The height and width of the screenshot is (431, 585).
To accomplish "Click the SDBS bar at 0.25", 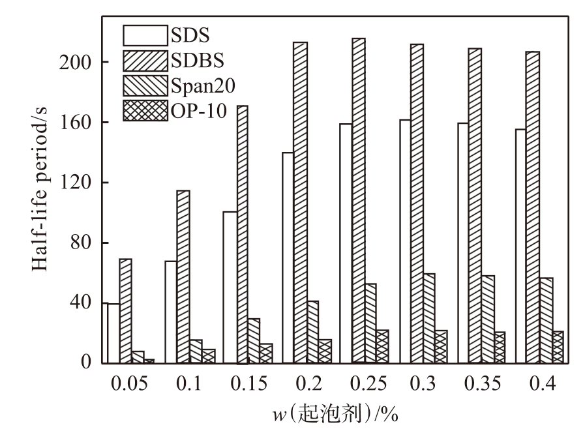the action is [359, 200].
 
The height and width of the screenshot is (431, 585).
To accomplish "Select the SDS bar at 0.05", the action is [113, 333].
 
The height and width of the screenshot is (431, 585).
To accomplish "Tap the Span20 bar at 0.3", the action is [429, 318].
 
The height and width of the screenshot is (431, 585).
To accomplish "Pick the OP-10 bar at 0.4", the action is [558, 347].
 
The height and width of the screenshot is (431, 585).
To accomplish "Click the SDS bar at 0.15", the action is [230, 287].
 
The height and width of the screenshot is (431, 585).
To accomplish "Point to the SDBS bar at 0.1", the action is [183, 276].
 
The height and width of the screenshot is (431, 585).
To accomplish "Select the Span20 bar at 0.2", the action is [312, 332].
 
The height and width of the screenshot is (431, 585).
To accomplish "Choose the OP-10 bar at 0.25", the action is [382, 346].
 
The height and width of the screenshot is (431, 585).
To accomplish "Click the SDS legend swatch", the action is [145, 35].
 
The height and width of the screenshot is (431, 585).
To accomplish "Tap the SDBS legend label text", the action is [198, 60].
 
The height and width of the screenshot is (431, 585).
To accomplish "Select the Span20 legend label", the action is [203, 85].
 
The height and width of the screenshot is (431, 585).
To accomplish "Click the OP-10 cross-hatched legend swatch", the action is [145, 110].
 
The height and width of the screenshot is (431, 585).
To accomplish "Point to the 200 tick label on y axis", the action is [76, 63].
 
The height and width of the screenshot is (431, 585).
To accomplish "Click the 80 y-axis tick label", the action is [81, 243].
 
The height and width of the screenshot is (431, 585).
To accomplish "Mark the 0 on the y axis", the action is [86, 363].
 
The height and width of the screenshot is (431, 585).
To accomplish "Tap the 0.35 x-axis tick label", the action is [482, 383].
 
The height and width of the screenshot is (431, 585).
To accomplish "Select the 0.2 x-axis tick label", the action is [309, 383].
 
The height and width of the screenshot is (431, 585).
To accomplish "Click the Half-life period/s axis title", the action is [40, 189].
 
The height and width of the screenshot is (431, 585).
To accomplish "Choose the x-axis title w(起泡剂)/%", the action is [335, 414].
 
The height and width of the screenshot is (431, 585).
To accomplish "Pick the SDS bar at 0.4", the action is [521, 246].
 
